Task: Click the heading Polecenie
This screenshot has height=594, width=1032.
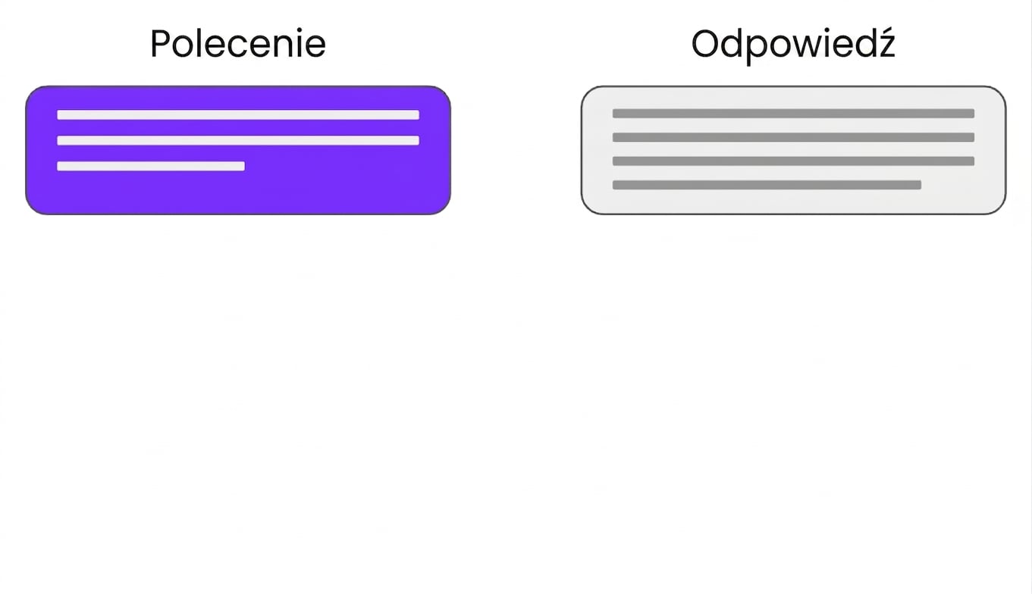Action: (x=238, y=44)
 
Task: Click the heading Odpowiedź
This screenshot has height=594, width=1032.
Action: (x=793, y=45)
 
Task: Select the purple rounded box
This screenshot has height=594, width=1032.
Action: (x=238, y=150)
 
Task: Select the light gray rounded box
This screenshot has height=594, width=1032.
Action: (x=793, y=150)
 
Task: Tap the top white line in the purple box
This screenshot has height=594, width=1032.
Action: (x=238, y=114)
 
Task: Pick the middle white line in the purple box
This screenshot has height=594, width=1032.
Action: (x=238, y=140)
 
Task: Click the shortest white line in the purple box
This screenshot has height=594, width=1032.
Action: (x=151, y=166)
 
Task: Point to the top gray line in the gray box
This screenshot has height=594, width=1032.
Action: (x=793, y=114)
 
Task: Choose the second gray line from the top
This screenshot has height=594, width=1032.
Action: (x=793, y=137)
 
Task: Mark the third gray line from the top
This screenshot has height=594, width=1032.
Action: (x=793, y=161)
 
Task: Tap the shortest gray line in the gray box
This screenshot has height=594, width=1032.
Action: (x=767, y=185)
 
